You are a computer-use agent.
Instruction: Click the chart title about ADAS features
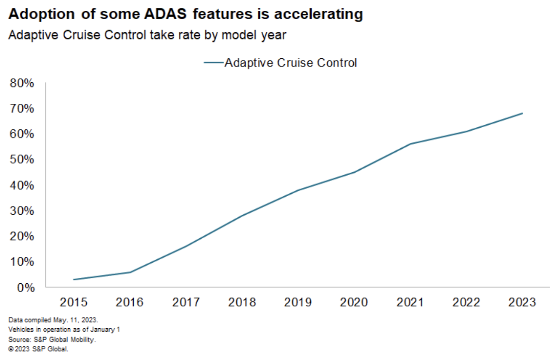point(185,14)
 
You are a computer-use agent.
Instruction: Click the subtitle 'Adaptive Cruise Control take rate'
point(147,35)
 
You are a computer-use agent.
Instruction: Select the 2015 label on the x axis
point(74,302)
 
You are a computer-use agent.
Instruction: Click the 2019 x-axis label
point(298,302)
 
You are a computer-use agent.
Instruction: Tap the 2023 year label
point(522,302)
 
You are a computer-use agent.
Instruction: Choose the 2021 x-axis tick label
point(410,302)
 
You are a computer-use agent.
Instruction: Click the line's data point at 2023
point(522,113)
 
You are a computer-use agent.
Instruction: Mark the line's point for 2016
point(130,272)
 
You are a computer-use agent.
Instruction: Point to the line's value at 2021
point(410,144)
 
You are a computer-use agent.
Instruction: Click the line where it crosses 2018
point(242,215)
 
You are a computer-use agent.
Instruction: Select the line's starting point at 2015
point(74,280)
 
